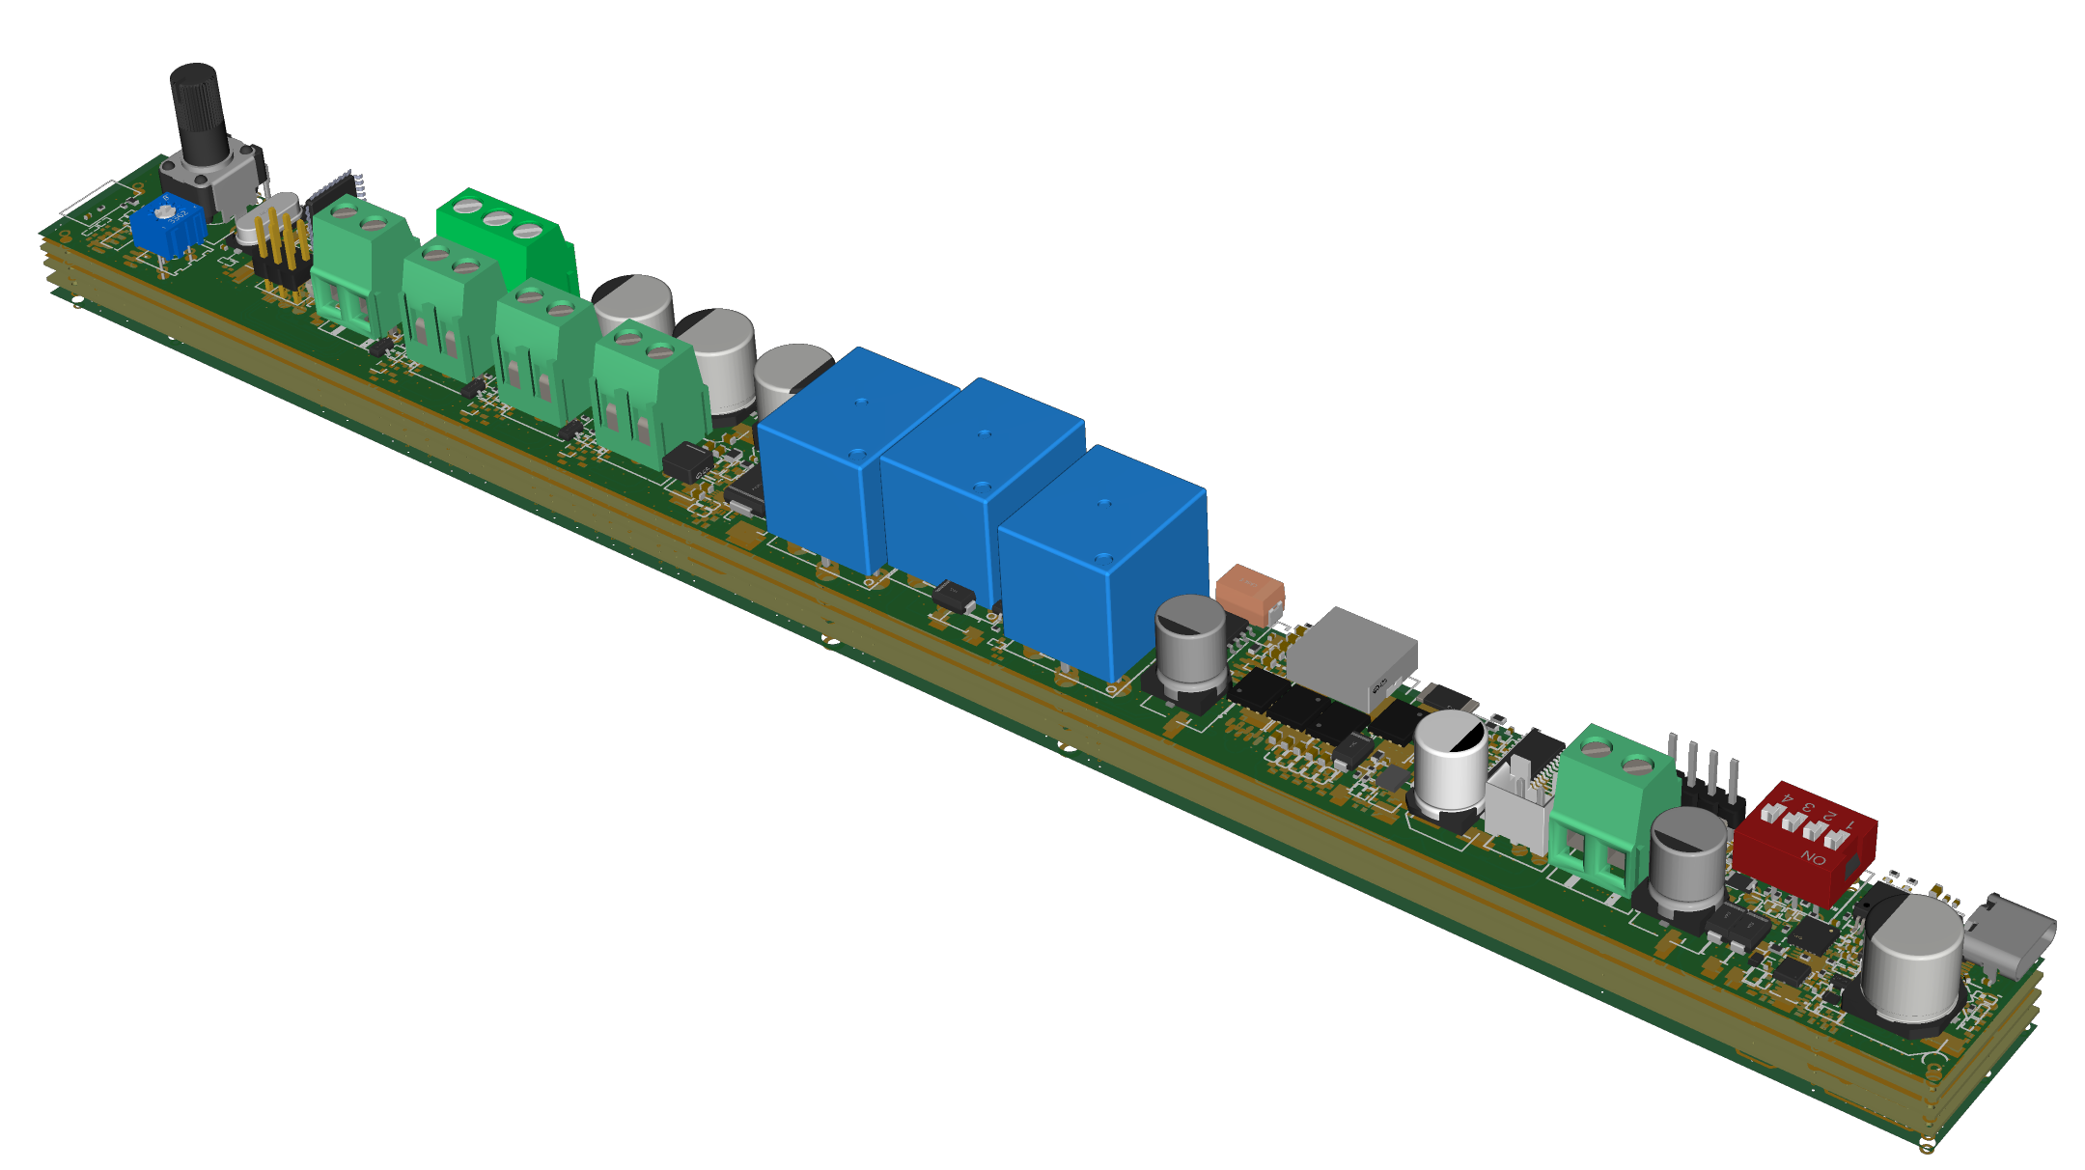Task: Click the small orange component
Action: point(1250,593)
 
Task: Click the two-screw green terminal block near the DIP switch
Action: point(1612,801)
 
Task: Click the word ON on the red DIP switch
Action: point(1813,856)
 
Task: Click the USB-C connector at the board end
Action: point(2013,936)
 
